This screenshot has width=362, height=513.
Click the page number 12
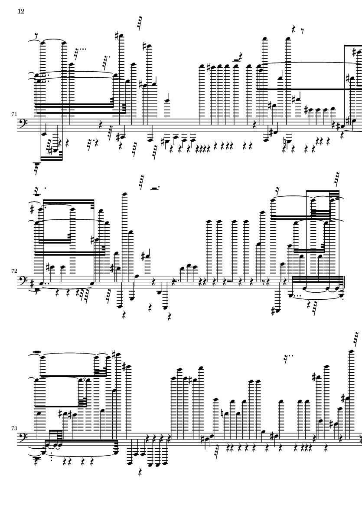(x=21, y=11)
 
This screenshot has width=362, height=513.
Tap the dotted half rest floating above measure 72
(x=153, y=188)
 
